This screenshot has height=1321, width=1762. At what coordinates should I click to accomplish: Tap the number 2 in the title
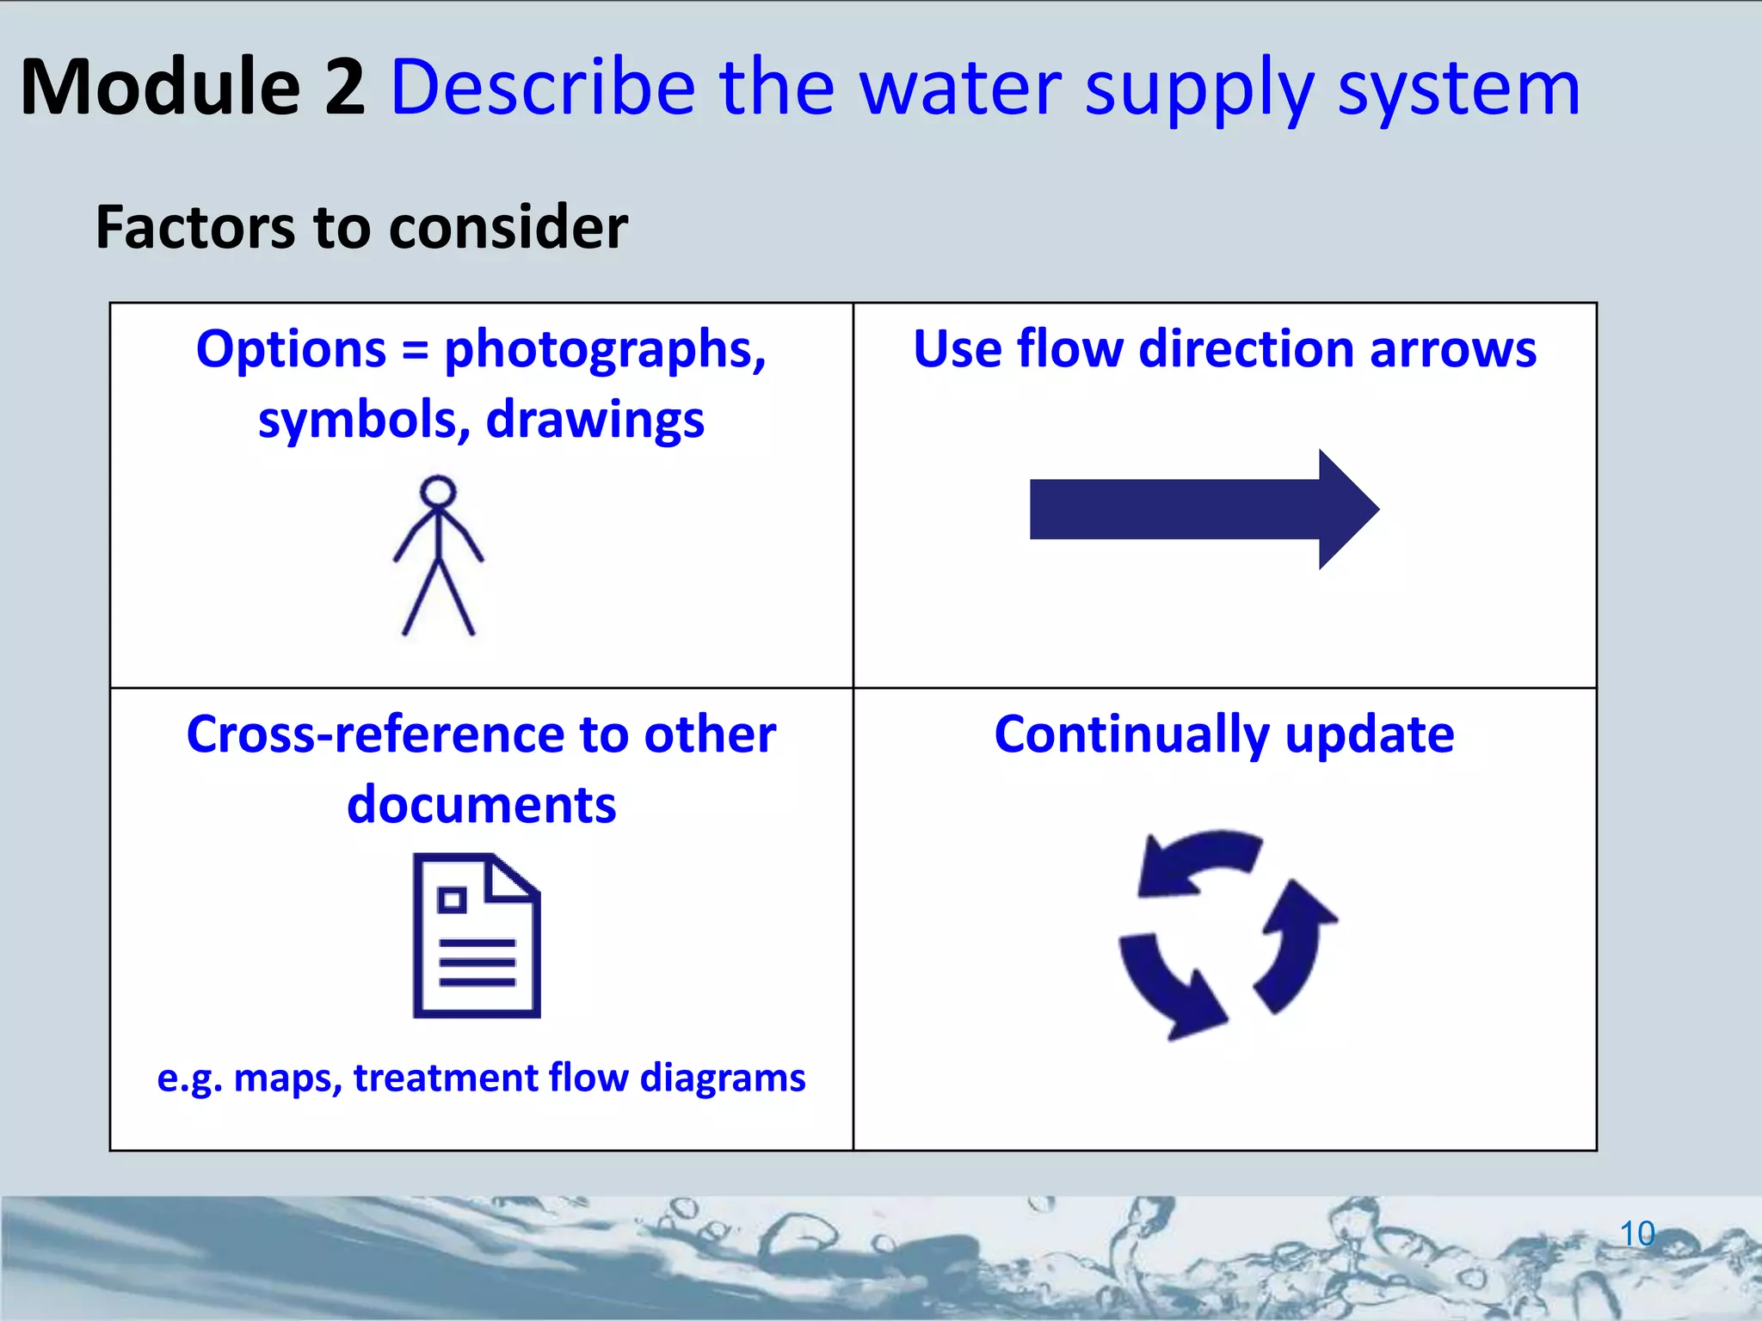(x=345, y=88)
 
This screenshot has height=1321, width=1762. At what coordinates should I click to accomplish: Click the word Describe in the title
(x=543, y=88)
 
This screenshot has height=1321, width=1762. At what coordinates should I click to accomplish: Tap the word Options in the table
(x=291, y=350)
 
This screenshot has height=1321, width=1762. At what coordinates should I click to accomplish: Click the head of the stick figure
(x=438, y=492)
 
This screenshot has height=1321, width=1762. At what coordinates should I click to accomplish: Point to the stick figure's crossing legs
(x=439, y=593)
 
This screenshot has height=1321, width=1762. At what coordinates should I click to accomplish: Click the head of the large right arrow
(x=1346, y=509)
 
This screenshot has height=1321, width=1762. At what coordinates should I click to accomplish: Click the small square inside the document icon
(x=452, y=900)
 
